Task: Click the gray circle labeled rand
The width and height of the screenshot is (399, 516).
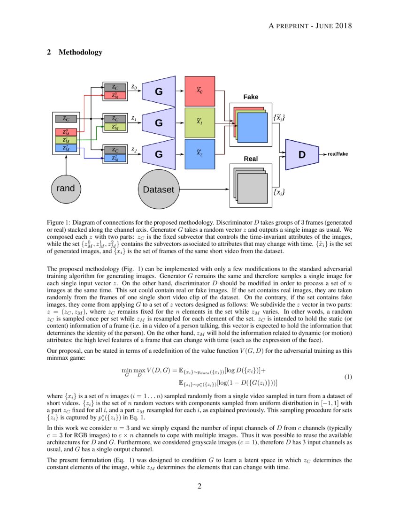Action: [66, 189]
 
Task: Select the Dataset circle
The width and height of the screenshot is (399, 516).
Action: [158, 190]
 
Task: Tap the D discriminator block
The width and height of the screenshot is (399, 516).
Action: [301, 154]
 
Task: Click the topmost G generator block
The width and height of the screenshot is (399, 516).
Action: [159, 91]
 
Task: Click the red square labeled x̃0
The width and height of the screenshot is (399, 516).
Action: [199, 90]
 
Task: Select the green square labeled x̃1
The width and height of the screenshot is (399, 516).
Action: [199, 122]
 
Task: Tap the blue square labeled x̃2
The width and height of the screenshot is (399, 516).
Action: [199, 153]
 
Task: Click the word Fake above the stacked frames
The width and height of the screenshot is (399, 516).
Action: [251, 97]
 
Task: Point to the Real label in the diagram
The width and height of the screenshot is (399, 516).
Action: [251, 159]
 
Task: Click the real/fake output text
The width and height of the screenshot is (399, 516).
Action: [338, 154]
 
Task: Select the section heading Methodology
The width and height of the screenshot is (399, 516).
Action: [80, 52]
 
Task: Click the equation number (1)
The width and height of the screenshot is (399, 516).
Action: [348, 377]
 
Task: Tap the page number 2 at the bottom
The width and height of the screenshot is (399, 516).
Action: [199, 486]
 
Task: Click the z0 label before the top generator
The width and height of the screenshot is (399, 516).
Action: [134, 87]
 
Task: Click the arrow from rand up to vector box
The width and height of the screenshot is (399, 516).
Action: [66, 164]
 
